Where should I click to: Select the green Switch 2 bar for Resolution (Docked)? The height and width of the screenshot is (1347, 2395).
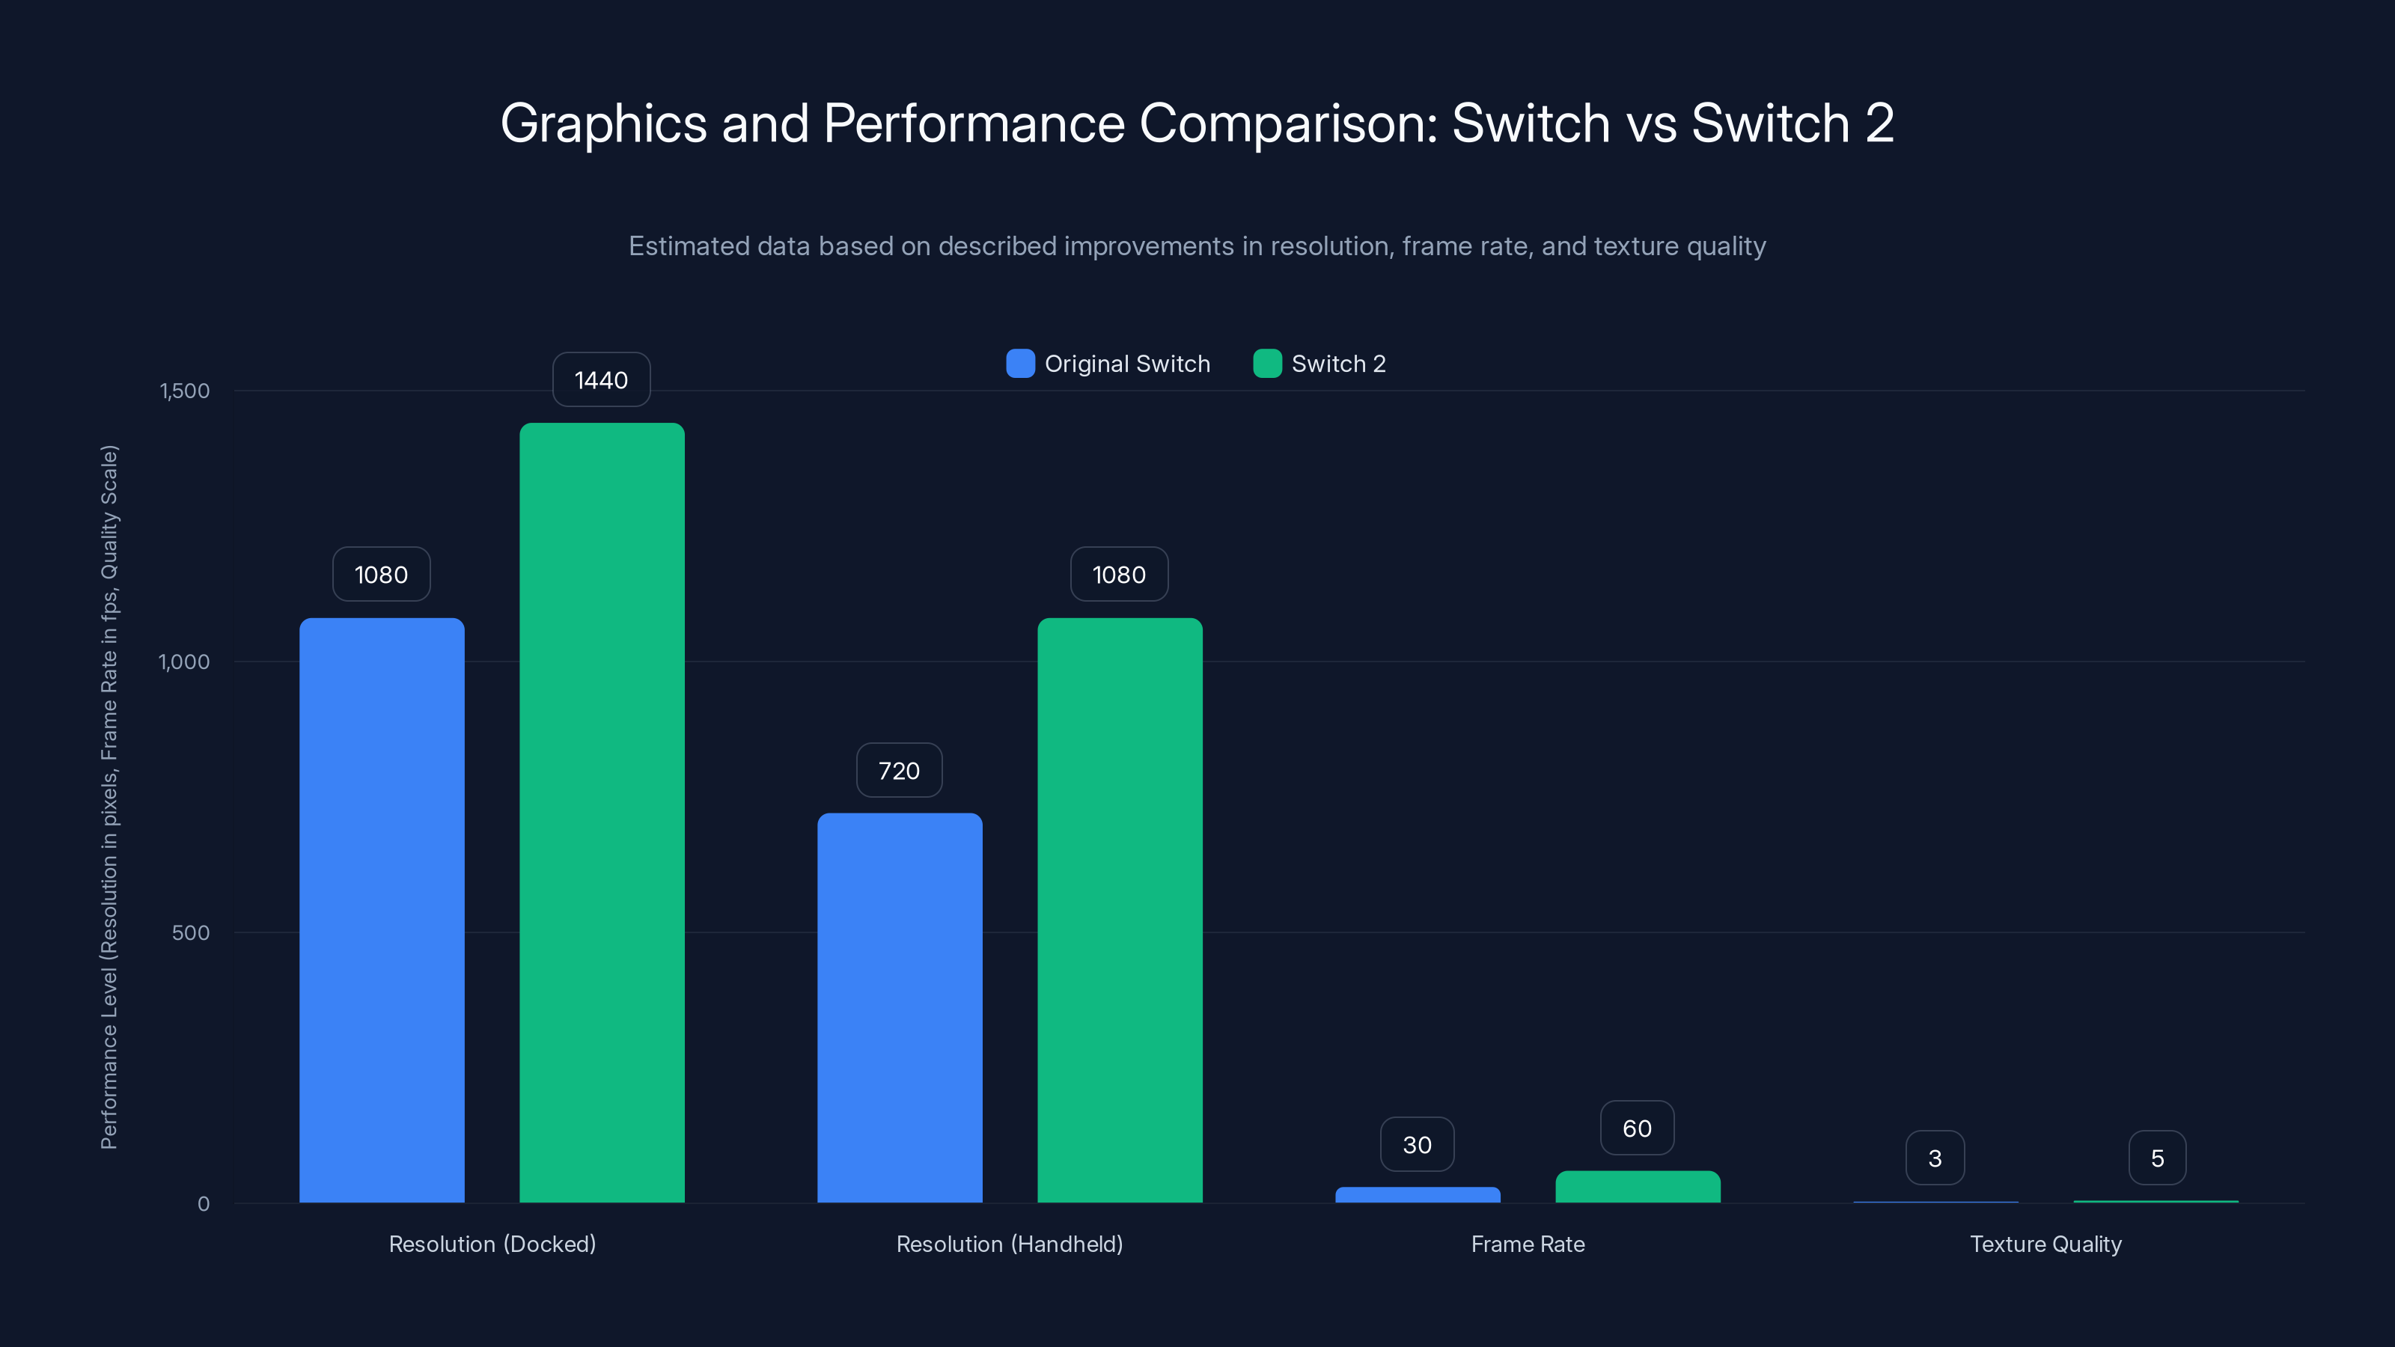pyautogui.click(x=602, y=813)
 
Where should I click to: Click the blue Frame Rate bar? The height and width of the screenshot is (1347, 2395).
pyautogui.click(x=1417, y=1194)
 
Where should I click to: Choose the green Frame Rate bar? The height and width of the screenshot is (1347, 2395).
pyautogui.click(x=1638, y=1186)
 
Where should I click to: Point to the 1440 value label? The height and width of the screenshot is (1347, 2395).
pyautogui.click(x=600, y=380)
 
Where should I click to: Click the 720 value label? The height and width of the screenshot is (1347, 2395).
pyautogui.click(x=898, y=771)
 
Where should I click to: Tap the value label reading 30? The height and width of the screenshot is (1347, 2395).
pyautogui.click(x=1416, y=1144)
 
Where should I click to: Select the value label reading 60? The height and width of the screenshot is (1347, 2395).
pyautogui.click(x=1636, y=1128)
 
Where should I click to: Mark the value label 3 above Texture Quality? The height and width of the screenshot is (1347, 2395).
pyautogui.click(x=1934, y=1158)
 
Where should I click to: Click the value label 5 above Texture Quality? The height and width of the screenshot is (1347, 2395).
pyautogui.click(x=2157, y=1158)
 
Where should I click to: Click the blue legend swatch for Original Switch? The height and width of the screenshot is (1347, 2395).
pyautogui.click(x=1020, y=364)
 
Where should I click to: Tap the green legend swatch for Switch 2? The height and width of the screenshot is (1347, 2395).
pyautogui.click(x=1266, y=364)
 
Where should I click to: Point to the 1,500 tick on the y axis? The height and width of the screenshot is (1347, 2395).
pyautogui.click(x=185, y=391)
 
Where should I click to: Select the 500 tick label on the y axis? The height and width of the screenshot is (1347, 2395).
pyautogui.click(x=191, y=932)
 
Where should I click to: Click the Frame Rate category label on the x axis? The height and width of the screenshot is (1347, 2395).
pyautogui.click(x=1528, y=1244)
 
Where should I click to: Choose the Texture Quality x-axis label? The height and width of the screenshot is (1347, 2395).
pyautogui.click(x=2045, y=1244)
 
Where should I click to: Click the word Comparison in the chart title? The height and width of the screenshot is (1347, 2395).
pyautogui.click(x=1287, y=123)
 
